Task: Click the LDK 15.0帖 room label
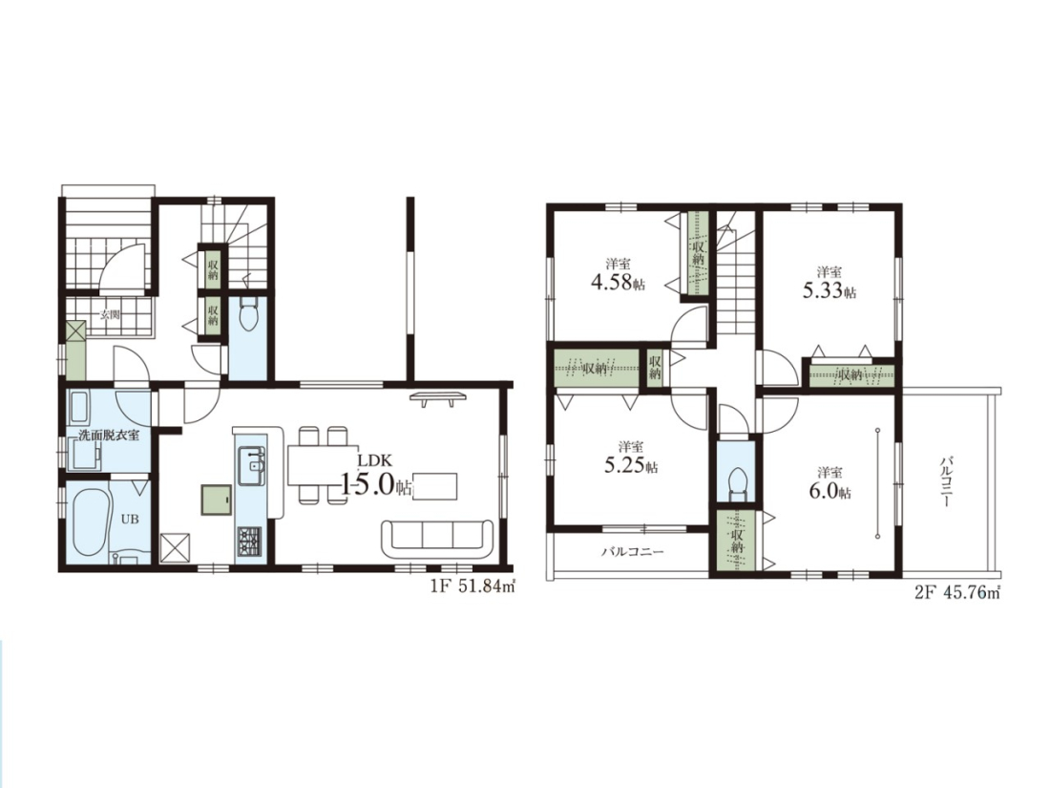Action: point(376,476)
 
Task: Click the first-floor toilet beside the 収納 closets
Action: point(248,315)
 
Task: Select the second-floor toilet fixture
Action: point(735,481)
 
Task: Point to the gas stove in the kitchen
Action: point(250,538)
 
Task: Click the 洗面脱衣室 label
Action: point(109,435)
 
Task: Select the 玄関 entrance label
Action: point(110,314)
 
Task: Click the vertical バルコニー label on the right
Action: point(947,481)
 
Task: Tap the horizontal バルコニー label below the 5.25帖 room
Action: point(632,552)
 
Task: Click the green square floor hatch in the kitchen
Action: point(217,500)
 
